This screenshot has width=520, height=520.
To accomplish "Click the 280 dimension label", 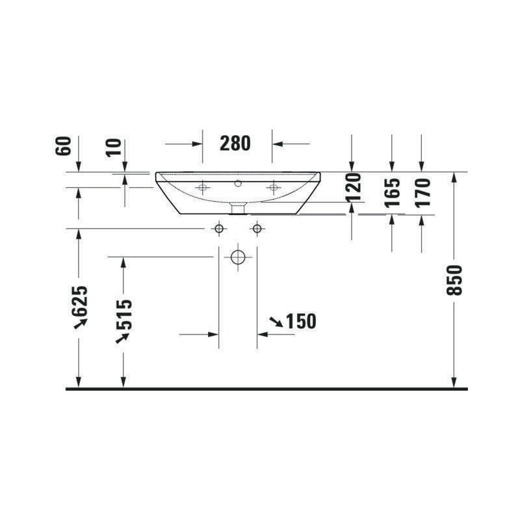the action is (235, 143).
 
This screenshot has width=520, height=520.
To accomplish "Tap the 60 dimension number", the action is (64, 146).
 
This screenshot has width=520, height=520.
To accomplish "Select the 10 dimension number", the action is (114, 148).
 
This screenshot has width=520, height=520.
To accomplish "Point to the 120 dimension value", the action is (353, 187).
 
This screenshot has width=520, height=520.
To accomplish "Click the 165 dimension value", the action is (392, 193).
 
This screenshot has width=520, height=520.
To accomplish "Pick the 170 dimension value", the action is (422, 193).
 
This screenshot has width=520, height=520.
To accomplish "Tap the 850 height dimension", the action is (454, 280).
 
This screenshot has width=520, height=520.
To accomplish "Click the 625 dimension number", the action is (80, 301).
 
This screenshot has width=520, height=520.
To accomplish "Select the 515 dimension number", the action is (124, 315).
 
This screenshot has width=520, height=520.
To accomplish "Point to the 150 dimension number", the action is (301, 321).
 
